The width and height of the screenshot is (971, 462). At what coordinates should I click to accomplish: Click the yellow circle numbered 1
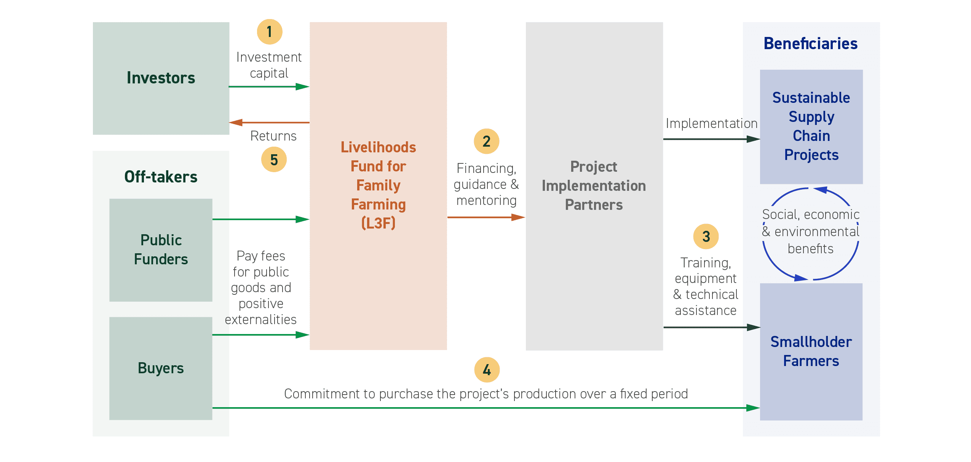(270, 32)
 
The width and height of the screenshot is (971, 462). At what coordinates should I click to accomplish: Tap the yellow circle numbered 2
(486, 141)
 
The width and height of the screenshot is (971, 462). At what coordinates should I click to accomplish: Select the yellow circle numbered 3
(706, 237)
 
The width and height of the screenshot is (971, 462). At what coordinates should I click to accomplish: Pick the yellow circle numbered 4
(487, 370)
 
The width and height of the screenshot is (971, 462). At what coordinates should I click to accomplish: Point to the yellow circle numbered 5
(274, 160)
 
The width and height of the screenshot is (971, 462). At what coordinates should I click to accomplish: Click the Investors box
(161, 78)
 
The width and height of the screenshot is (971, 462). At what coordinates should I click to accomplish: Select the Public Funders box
(161, 250)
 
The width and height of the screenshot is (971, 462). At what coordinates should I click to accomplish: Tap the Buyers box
(161, 368)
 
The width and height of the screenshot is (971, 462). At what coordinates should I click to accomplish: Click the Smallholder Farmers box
(811, 352)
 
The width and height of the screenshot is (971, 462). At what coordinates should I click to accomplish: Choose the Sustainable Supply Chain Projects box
(811, 126)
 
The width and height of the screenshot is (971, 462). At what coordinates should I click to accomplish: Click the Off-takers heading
(161, 177)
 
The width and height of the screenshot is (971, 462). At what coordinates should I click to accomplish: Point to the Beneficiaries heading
(810, 44)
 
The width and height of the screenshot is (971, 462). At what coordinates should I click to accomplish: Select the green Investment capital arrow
(269, 87)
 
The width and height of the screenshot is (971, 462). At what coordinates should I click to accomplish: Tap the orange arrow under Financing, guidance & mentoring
(486, 217)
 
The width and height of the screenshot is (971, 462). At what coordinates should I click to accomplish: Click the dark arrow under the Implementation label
(711, 139)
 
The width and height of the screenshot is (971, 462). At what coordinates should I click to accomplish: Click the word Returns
(273, 136)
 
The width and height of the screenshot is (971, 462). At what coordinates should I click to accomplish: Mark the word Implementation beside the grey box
(711, 123)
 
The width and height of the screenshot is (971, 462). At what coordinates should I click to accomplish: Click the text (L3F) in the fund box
(378, 223)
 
